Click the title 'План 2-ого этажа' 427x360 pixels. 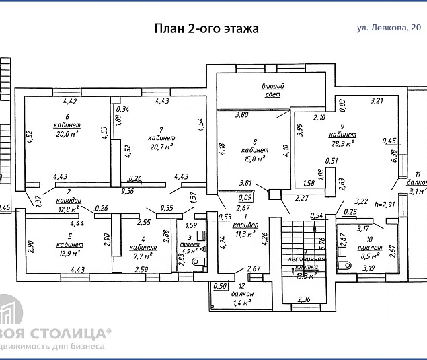[x=206, y=28]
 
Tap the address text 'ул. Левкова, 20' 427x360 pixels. [x=389, y=28]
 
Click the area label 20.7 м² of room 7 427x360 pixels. [x=161, y=145]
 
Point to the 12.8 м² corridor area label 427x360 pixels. [x=68, y=209]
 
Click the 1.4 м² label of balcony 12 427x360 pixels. [x=242, y=303]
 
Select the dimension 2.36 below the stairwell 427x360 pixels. [x=305, y=300]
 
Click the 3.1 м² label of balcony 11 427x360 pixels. [x=417, y=191]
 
